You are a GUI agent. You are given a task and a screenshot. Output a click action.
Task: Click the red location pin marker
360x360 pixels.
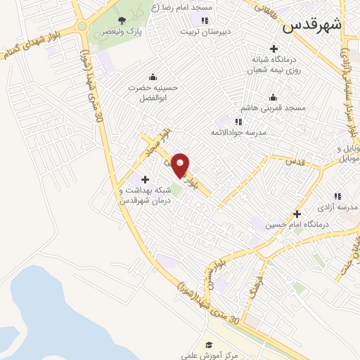click(181, 165)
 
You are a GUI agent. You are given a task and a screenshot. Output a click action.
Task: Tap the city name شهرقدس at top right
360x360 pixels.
click(312, 26)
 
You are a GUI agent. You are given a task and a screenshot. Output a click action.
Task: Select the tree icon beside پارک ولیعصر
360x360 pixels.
click(122, 20)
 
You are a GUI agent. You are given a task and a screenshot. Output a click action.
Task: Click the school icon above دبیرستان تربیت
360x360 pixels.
click(205, 20)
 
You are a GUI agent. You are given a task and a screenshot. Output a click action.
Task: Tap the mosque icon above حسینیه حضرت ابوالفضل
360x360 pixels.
click(153, 77)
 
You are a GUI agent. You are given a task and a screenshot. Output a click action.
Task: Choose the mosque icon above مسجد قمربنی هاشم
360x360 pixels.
click(274, 97)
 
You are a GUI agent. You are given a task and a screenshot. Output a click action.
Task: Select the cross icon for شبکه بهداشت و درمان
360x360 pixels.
click(146, 179)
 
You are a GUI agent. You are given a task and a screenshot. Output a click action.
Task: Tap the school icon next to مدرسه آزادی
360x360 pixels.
click(337, 196)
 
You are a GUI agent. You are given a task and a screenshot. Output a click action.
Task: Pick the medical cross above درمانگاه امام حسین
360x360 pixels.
click(297, 214)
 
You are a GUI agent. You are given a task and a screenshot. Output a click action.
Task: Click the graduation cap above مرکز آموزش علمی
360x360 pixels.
click(208, 345)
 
